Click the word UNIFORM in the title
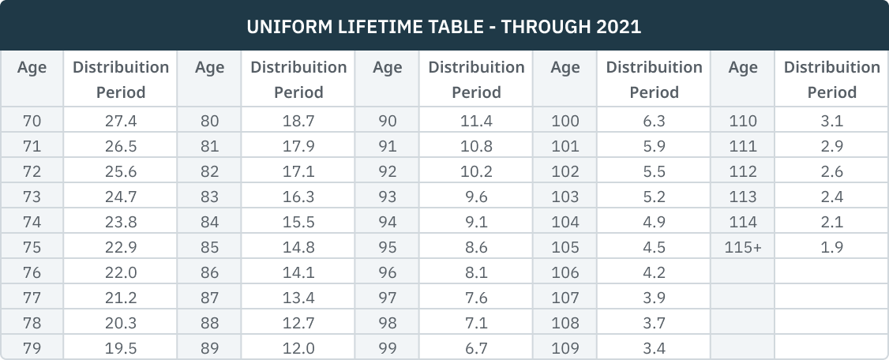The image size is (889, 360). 285,27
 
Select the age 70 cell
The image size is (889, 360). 32,122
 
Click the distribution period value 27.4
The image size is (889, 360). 121,122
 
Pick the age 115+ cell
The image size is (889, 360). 743,248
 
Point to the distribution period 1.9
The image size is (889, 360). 832,248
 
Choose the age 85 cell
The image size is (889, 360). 210,248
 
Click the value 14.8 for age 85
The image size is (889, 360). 298,248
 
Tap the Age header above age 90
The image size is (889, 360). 388,68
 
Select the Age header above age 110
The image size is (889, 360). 743,68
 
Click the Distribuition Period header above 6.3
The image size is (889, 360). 654,80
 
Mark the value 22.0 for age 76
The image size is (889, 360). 121,273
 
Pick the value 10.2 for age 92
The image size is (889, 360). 476,172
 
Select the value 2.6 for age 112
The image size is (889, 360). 832,172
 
